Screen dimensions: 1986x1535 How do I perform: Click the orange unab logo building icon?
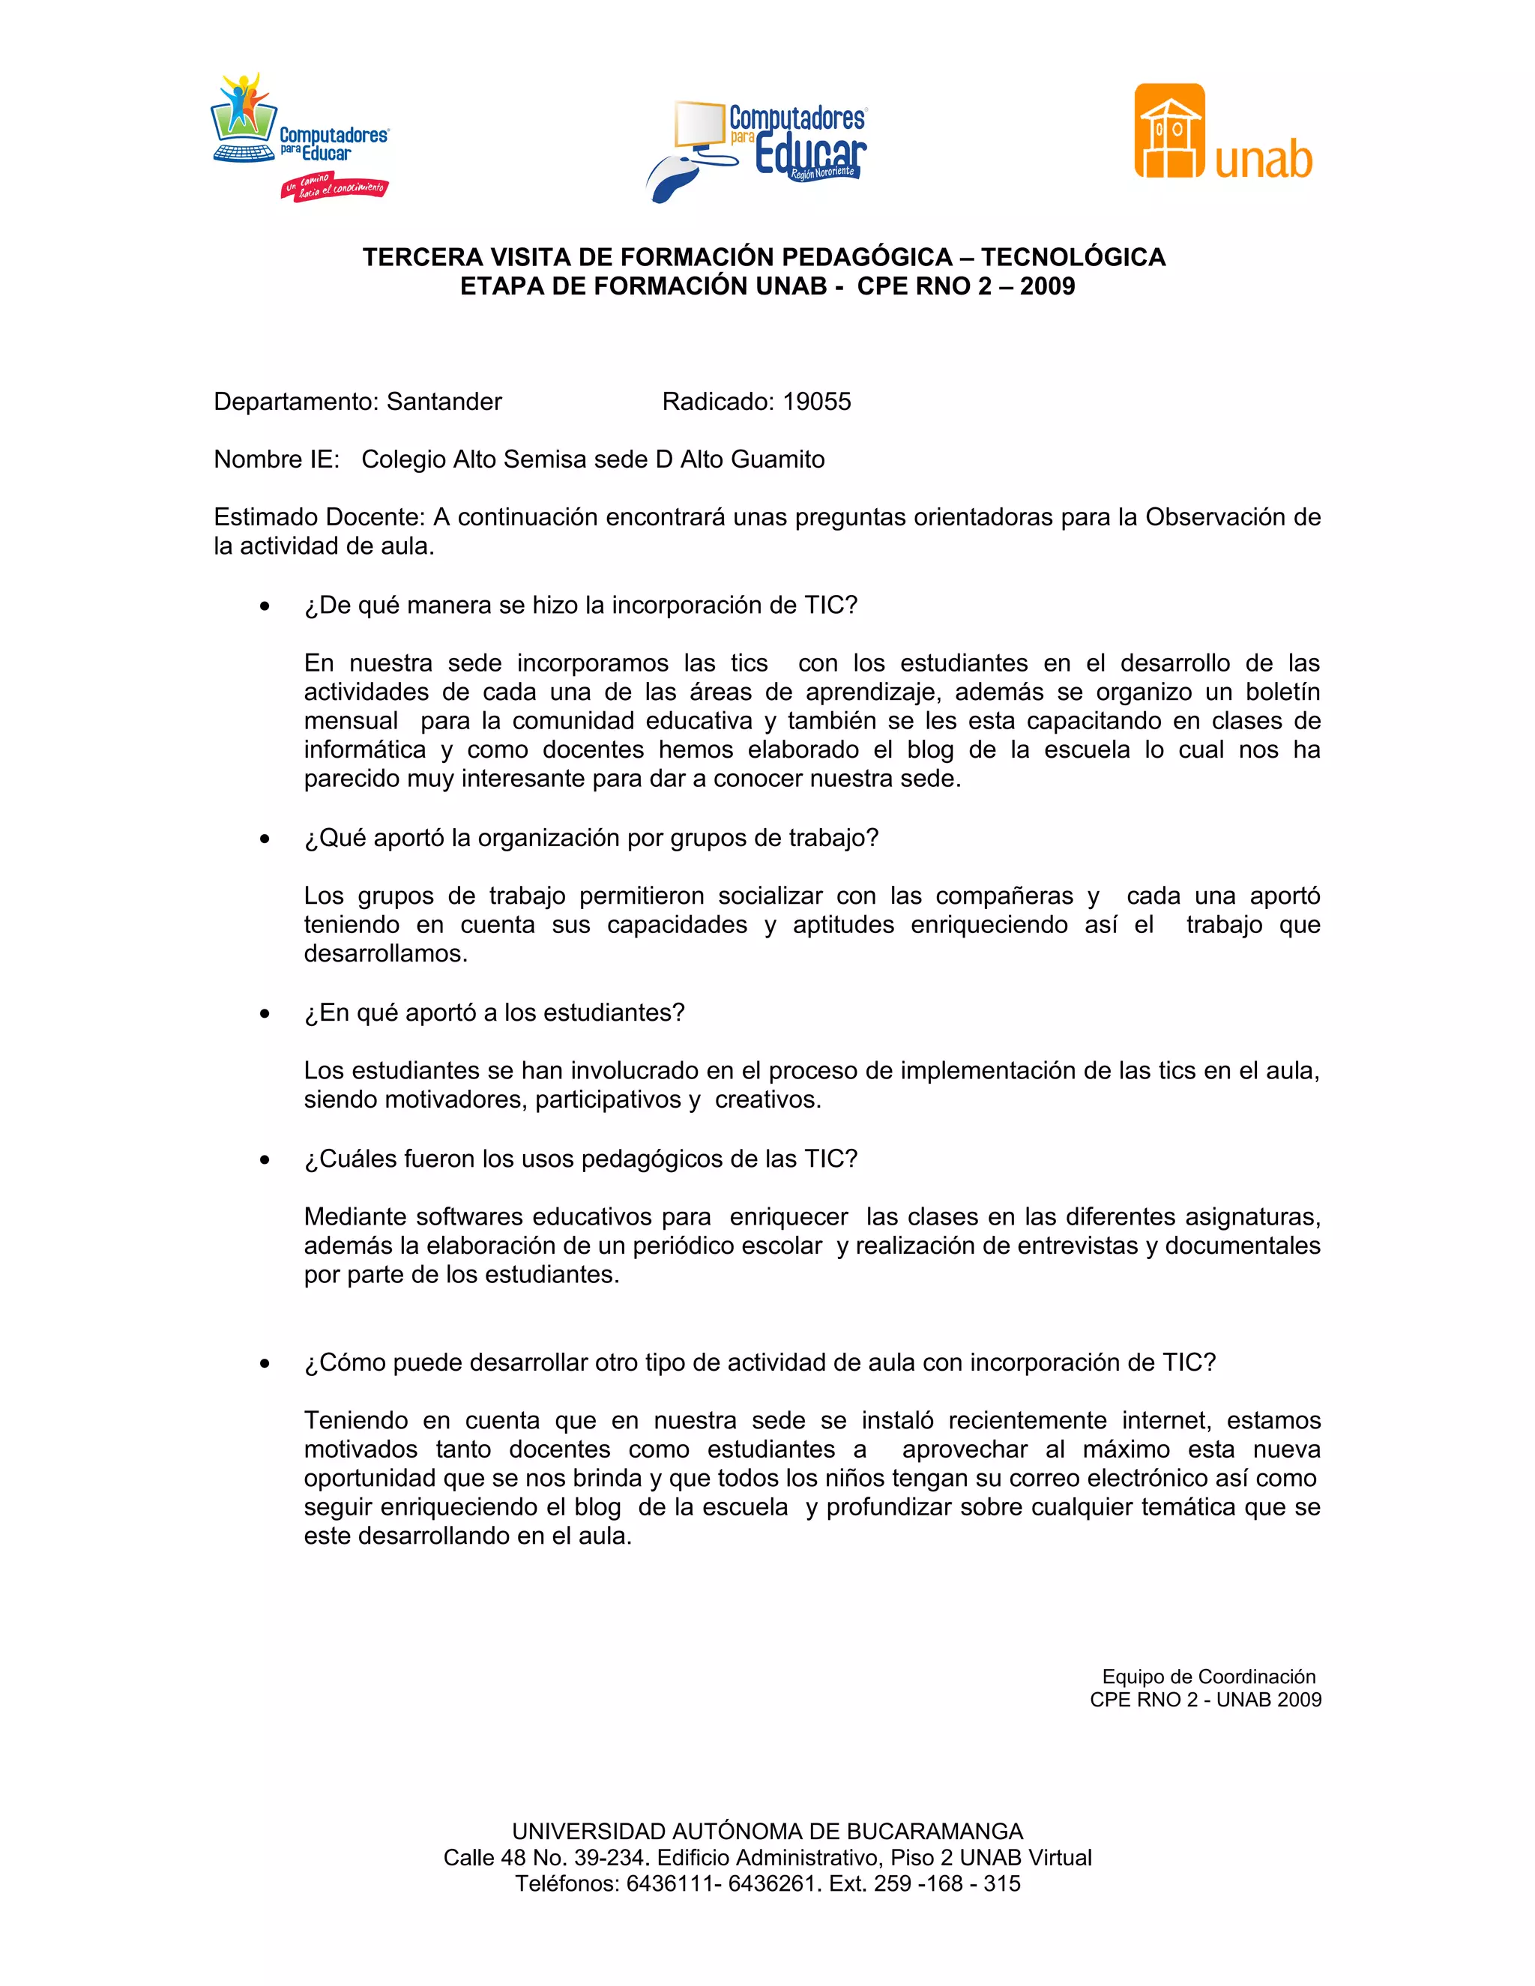[1169, 132]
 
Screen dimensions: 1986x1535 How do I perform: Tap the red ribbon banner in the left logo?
[334, 187]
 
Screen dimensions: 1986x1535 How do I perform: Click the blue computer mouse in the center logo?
[674, 178]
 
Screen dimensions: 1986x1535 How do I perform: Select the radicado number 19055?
[817, 402]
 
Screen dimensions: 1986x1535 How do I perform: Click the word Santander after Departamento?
[444, 402]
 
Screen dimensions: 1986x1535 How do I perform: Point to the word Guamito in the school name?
[779, 460]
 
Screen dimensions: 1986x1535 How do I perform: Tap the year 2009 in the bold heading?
[1048, 286]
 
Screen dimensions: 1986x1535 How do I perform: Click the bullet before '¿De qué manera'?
[265, 606]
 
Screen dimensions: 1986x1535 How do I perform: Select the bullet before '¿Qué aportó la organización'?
[265, 839]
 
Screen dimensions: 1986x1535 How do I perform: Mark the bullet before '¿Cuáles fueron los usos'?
[265, 1160]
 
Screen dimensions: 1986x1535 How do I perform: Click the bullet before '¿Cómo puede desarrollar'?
[265, 1364]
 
